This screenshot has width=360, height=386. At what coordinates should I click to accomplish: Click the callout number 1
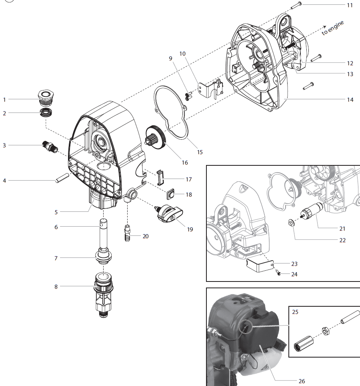pos(4,99)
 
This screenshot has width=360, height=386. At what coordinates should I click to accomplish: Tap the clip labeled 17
pos(160,176)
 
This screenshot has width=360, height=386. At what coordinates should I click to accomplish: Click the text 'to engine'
pos(333,28)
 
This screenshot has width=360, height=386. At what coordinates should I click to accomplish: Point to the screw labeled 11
pos(296,5)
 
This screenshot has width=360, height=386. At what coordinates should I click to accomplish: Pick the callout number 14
pos(350,100)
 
